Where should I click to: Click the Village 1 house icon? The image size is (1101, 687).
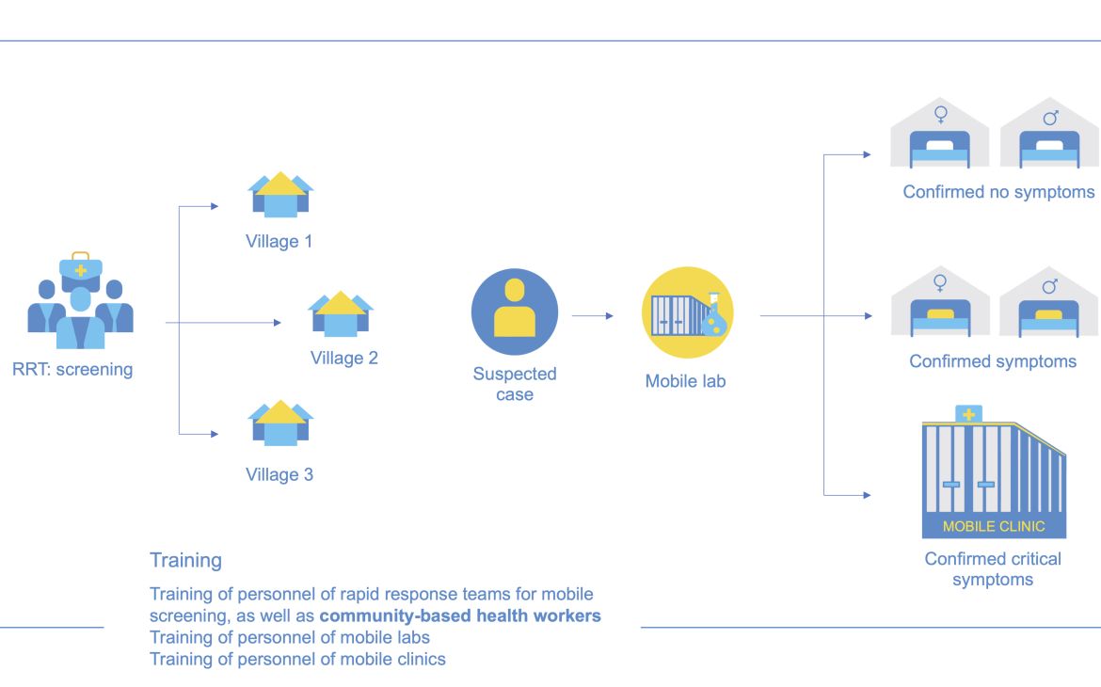click(280, 195)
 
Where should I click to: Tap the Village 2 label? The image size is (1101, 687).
click(344, 359)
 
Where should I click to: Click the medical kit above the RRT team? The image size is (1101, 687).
click(81, 267)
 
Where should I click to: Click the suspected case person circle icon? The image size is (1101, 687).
click(515, 312)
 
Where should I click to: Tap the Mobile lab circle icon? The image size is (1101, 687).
click(687, 312)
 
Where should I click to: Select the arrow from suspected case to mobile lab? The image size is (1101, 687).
click(593, 316)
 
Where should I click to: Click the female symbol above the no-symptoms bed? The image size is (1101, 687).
click(939, 116)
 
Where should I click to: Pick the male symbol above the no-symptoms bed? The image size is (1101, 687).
click(1050, 117)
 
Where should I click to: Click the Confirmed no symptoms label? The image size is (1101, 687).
click(998, 192)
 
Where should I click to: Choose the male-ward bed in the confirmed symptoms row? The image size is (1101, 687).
click(1049, 317)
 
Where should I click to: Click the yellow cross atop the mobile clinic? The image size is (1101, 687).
click(967, 414)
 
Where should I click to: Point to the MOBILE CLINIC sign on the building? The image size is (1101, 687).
click(994, 527)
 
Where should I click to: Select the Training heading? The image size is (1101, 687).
click(186, 561)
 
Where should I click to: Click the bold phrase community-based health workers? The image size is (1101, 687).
click(460, 616)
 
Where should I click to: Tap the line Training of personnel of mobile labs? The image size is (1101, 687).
click(290, 638)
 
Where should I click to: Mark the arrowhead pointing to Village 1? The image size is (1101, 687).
click(215, 205)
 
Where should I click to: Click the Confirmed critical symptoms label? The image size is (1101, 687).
click(993, 569)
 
